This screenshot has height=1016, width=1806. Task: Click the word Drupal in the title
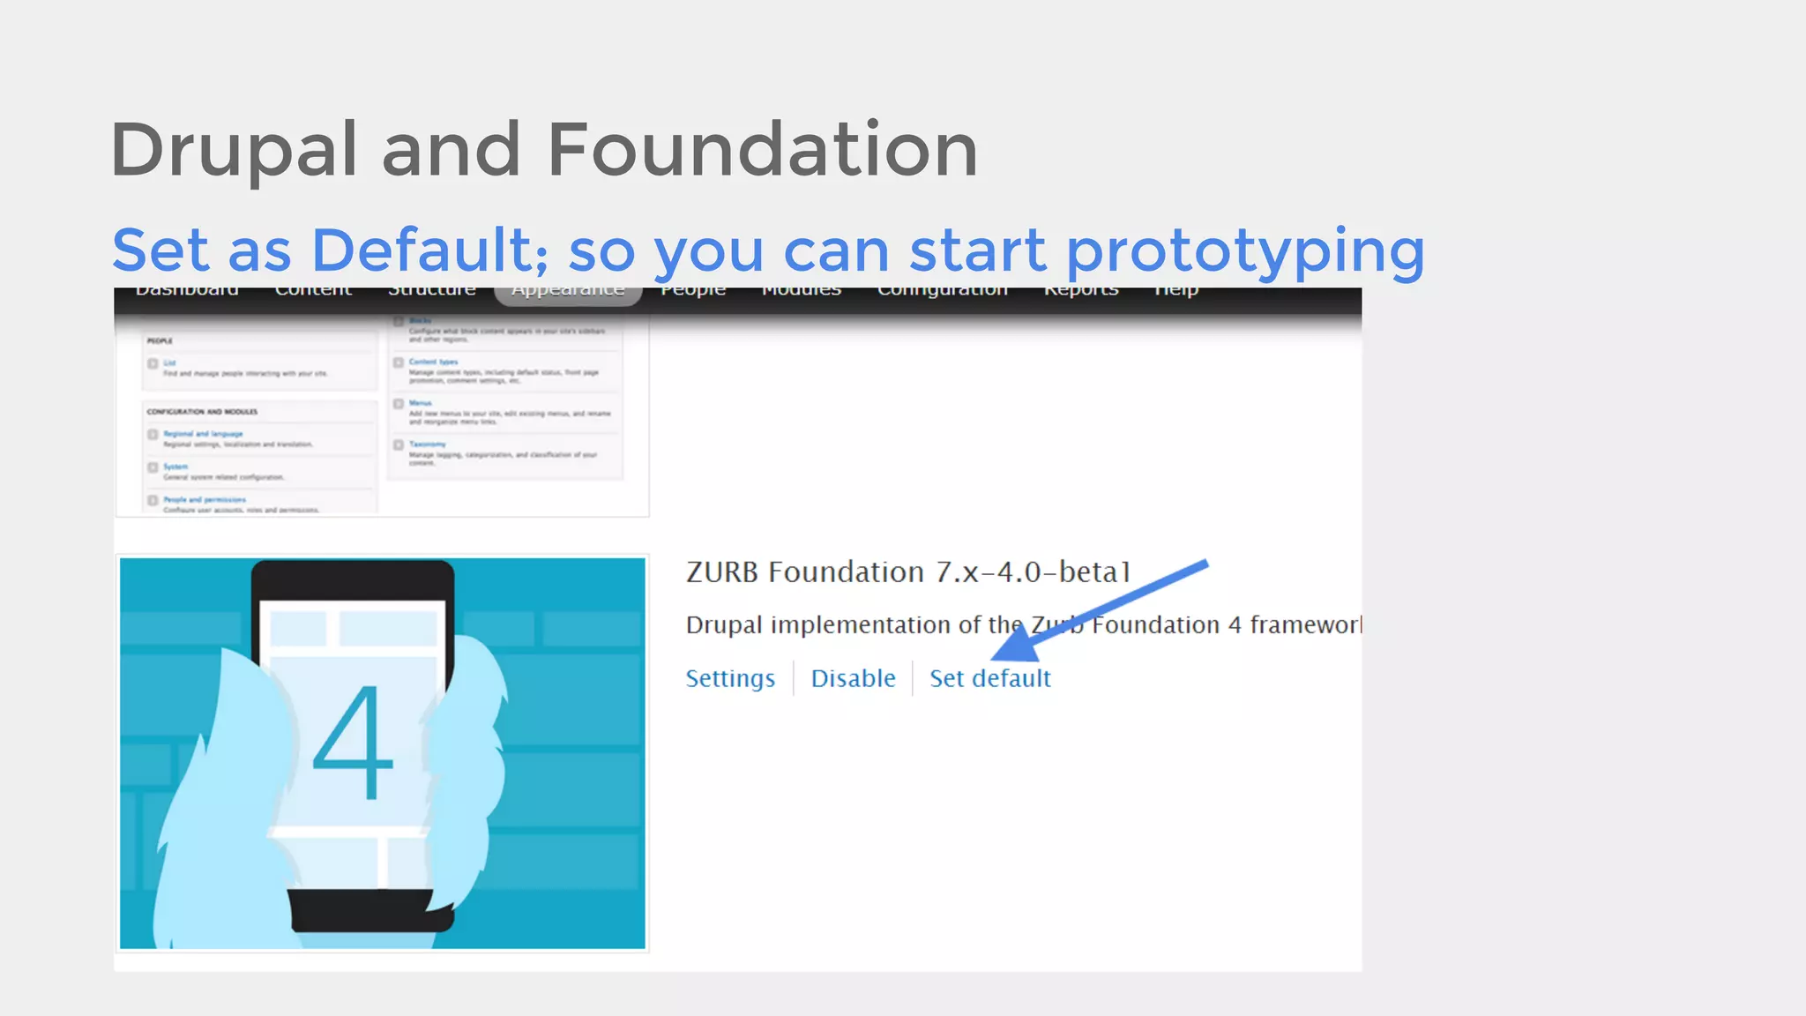click(x=234, y=150)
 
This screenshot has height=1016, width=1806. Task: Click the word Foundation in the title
click(x=762, y=150)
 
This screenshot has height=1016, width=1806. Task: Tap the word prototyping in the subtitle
click(x=1244, y=251)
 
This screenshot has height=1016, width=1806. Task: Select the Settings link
click(x=730, y=678)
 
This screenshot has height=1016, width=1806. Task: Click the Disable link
click(x=853, y=678)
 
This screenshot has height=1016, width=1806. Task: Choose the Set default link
click(x=989, y=678)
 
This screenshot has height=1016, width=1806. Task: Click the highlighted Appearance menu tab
click(x=568, y=292)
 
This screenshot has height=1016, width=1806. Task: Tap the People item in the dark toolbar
click(x=693, y=292)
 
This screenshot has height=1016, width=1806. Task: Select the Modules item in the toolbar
click(x=801, y=292)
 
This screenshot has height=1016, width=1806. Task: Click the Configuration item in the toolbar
click(x=942, y=292)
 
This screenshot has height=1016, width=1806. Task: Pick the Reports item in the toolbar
click(x=1081, y=292)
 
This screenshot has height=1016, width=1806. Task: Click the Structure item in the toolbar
click(x=432, y=292)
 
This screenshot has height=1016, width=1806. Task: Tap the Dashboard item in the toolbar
click(x=187, y=292)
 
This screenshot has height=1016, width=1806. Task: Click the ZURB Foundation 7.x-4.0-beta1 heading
click(x=907, y=571)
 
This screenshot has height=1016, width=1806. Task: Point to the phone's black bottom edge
click(x=370, y=909)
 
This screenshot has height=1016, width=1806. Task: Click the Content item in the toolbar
click(x=313, y=292)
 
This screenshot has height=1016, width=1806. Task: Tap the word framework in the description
click(x=1304, y=624)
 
